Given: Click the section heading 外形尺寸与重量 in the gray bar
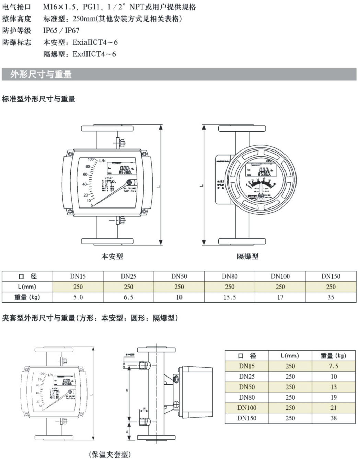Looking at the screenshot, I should (41, 74).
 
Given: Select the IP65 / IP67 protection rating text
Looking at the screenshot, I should (61, 31).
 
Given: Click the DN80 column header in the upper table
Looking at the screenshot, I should (230, 276).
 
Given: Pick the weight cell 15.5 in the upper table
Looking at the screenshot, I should (230, 297).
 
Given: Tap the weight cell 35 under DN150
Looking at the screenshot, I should (330, 297).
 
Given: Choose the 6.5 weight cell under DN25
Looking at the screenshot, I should (128, 297).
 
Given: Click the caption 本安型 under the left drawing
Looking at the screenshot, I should (112, 256).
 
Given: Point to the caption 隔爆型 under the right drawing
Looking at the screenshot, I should (247, 256).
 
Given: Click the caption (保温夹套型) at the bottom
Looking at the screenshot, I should (110, 454).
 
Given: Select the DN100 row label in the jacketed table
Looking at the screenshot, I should (247, 408).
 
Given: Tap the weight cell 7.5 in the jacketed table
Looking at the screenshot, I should (333, 366).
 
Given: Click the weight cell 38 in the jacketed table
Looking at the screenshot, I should (333, 418).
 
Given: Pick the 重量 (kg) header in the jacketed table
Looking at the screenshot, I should (333, 356).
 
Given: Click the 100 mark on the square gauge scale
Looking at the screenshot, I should (91, 160).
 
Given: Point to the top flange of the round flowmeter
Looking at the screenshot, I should (242, 128).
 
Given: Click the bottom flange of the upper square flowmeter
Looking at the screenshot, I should (107, 241).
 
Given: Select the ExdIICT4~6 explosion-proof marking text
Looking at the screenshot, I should (94, 54).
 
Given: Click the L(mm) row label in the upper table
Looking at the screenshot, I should (27, 287).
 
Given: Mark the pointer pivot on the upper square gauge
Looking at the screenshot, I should (129, 183).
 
